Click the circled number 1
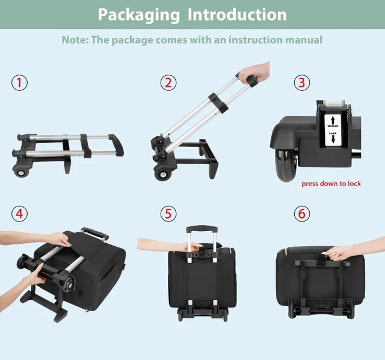coord(19,83)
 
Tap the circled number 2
coord(168,83)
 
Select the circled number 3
coord(302,83)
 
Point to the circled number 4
coord(19,214)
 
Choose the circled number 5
coord(168,214)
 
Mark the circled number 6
coord(302,214)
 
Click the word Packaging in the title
coord(139,15)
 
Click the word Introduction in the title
coord(237,14)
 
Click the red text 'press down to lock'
coord(331,184)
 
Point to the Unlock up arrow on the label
coord(333,120)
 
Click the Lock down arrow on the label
coord(333,139)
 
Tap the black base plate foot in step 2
coord(209,159)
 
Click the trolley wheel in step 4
coord(70,284)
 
